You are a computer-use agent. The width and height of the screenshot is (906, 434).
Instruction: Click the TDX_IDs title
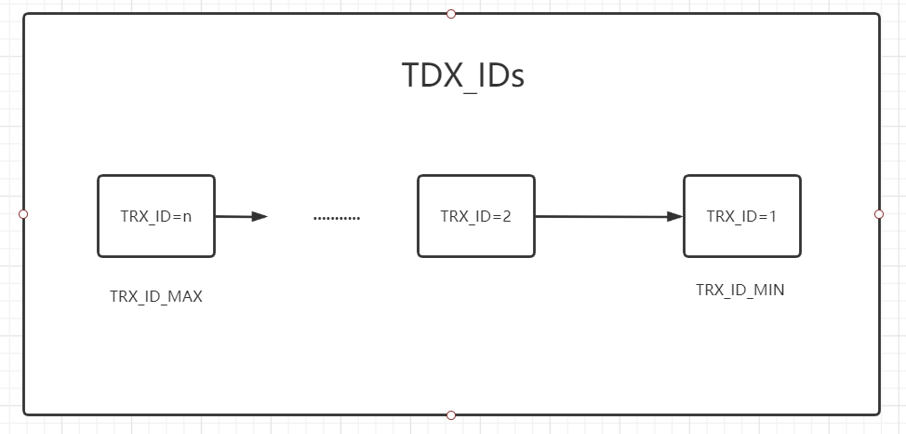462,75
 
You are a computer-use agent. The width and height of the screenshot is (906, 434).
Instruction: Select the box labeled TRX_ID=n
156,215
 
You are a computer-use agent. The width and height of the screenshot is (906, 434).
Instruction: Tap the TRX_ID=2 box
476,215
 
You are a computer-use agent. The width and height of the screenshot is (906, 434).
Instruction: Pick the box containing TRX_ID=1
741,215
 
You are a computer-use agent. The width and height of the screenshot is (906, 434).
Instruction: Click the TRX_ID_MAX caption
156,297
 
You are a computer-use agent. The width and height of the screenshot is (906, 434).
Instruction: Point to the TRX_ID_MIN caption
739,290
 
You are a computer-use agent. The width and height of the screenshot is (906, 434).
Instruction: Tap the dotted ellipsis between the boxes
337,218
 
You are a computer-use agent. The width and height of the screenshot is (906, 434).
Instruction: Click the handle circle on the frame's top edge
451,14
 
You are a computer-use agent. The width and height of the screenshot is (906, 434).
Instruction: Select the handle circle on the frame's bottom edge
451,414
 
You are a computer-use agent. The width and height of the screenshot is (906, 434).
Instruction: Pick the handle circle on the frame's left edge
23,214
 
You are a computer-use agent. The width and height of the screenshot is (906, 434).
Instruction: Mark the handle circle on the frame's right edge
879,214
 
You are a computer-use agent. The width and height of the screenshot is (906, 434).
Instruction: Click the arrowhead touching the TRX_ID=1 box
674,217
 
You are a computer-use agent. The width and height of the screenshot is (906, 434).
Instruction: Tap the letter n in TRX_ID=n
187,216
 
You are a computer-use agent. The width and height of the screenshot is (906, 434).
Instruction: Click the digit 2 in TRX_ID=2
506,216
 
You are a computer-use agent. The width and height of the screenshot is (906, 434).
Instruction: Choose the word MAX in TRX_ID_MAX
186,297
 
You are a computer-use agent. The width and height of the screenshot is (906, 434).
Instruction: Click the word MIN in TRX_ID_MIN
769,290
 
